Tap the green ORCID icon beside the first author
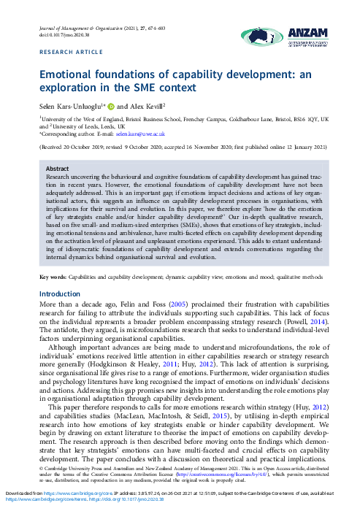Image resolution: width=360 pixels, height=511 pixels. tap(121, 107)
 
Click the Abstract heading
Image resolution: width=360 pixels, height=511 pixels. tap(58, 169)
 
